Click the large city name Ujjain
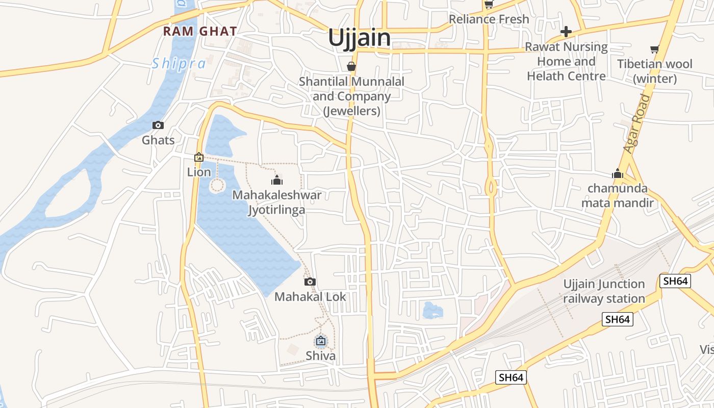(x=359, y=38)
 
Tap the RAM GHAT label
(x=200, y=31)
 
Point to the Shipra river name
(x=178, y=64)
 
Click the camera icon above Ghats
(x=158, y=125)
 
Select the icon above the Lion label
(x=199, y=158)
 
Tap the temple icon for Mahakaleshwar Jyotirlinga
(x=277, y=180)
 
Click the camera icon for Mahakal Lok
(x=310, y=282)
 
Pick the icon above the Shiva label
(x=321, y=341)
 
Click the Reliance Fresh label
(x=489, y=19)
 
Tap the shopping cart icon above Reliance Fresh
(x=489, y=5)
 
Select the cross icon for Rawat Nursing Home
(x=566, y=32)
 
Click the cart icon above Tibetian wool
(x=654, y=49)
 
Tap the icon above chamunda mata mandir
(x=618, y=174)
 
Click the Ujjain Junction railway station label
(x=604, y=291)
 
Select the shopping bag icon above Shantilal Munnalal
(x=351, y=66)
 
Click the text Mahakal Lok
(x=310, y=296)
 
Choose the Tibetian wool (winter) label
(x=655, y=71)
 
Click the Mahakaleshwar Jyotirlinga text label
(x=277, y=202)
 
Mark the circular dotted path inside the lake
(x=217, y=185)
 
